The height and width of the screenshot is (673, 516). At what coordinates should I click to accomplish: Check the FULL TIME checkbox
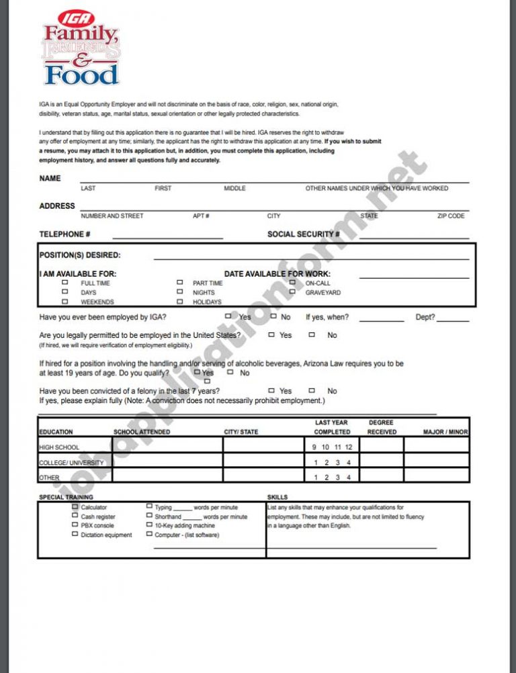[x=65, y=283]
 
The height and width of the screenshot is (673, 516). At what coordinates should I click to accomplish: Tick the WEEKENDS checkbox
[x=65, y=302]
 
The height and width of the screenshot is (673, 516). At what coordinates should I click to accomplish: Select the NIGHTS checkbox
[x=179, y=292]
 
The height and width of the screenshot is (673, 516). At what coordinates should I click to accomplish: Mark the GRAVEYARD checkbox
[x=292, y=292]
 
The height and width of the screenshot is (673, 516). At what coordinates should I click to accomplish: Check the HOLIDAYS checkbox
[x=179, y=302]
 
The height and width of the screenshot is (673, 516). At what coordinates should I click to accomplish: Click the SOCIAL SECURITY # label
[x=303, y=234]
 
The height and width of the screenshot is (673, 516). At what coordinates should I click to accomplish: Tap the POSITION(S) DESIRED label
[x=80, y=255]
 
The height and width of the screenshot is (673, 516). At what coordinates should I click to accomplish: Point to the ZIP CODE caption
[x=451, y=216]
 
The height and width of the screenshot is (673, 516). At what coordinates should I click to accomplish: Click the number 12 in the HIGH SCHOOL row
[x=348, y=447]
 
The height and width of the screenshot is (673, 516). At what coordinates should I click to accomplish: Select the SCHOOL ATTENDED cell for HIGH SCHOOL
[x=167, y=445]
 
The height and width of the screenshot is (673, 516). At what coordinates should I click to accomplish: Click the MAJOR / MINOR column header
[x=445, y=432]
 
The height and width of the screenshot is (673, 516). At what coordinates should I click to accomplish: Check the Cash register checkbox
[x=75, y=517]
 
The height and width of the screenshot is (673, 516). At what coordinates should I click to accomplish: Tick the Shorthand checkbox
[x=149, y=517]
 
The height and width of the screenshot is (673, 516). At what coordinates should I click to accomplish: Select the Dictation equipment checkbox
[x=75, y=535]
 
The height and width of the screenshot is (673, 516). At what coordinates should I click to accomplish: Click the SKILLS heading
[x=277, y=497]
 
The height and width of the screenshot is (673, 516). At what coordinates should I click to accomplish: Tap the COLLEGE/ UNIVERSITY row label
[x=71, y=463]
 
